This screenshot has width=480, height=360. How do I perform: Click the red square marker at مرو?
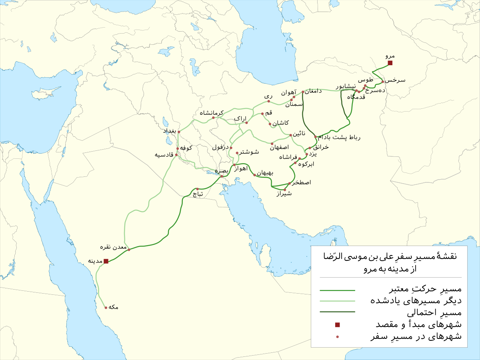[x=390, y=63]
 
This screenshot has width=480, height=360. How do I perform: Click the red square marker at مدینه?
[x=106, y=261]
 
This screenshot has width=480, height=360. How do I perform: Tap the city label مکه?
[x=113, y=307]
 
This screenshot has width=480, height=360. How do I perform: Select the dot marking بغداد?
[x=179, y=132]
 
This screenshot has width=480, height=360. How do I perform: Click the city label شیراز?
[x=284, y=194]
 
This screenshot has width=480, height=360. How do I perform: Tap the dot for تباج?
[x=197, y=189]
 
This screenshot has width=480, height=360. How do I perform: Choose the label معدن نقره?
[x=116, y=248]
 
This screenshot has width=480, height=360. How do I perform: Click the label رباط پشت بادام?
[x=338, y=138]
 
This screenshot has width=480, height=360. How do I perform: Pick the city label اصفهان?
[x=280, y=148]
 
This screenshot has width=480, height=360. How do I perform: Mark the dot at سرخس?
[x=383, y=82]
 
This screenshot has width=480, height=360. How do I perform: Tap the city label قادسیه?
[x=164, y=155]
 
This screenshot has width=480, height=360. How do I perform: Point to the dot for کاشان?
[x=270, y=124]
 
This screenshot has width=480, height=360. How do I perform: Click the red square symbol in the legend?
[x=337, y=324]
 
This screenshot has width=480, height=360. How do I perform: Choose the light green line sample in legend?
[x=337, y=300]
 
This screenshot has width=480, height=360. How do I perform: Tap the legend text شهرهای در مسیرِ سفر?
[x=416, y=336]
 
